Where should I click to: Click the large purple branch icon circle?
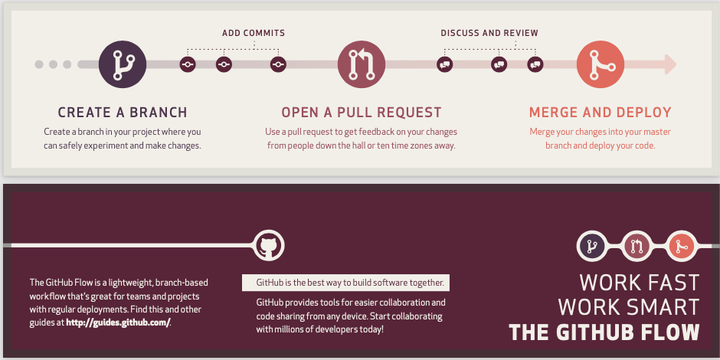[122, 64]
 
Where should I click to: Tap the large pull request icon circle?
[360, 64]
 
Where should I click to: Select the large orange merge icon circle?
[599, 64]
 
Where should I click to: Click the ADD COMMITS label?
[254, 33]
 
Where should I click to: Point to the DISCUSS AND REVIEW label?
[489, 33]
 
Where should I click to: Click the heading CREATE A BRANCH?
[123, 113]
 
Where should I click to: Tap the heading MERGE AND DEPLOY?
[601, 113]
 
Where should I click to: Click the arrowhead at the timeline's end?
[670, 64]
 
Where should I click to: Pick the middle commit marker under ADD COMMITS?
[223, 64]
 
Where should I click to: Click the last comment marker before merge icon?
[535, 64]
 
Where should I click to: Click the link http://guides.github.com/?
[118, 322]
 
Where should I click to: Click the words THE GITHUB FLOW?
[604, 332]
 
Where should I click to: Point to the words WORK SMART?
[629, 307]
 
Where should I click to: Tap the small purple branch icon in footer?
[591, 245]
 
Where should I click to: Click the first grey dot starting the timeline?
[39, 64]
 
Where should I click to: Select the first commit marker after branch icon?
[188, 64]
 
